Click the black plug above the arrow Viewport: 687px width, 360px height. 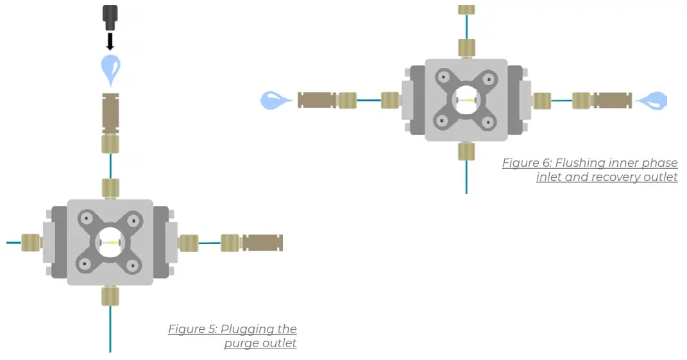tap(110, 17)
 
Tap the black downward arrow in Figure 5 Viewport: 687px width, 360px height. tap(110, 42)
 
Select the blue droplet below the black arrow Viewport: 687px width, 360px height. tap(110, 68)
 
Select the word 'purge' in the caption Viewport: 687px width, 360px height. tap(241, 343)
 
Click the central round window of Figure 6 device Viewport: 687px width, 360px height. tap(466, 100)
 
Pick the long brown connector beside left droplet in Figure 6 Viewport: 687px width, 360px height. tap(318, 100)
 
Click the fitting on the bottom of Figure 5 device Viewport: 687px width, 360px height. tap(110, 296)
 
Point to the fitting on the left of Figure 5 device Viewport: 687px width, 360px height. tap(30, 243)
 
